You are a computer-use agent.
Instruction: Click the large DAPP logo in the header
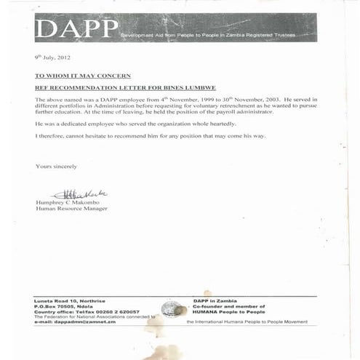(x=76, y=30)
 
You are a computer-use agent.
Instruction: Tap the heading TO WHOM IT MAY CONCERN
(x=83, y=75)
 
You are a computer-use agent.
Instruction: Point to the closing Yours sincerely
(x=56, y=167)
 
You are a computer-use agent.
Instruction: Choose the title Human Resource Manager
(x=71, y=209)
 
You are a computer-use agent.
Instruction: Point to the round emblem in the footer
(x=170, y=308)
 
